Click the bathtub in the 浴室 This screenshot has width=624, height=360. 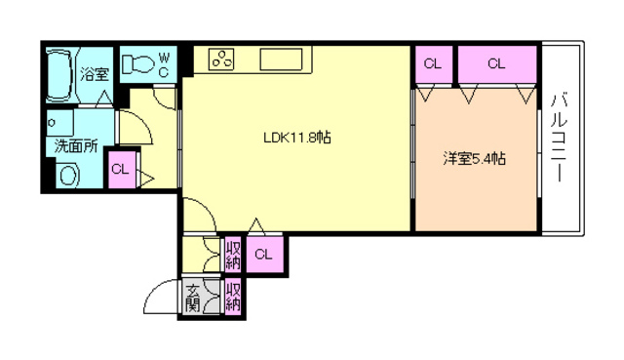[x=59, y=75]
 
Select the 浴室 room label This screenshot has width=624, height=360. [x=95, y=74]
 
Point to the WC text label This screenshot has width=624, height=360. [x=164, y=64]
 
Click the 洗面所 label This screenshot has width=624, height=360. [x=76, y=145]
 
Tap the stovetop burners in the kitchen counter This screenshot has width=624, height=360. [x=221, y=60]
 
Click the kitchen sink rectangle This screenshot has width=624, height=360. [x=281, y=60]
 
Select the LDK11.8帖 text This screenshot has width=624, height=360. [x=296, y=138]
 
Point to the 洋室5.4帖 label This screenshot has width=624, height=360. [x=475, y=158]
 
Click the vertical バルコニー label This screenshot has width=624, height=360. [x=559, y=138]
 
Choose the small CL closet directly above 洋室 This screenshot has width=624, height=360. [x=434, y=64]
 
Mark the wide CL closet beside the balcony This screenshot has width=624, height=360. [x=497, y=64]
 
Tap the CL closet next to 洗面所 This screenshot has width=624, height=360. [x=121, y=170]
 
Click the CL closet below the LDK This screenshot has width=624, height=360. [x=264, y=255]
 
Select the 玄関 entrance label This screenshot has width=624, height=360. [x=193, y=298]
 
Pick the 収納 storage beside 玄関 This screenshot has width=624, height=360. [x=233, y=298]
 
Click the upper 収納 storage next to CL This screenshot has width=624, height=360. [x=233, y=255]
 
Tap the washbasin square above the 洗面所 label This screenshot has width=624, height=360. [x=60, y=123]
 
